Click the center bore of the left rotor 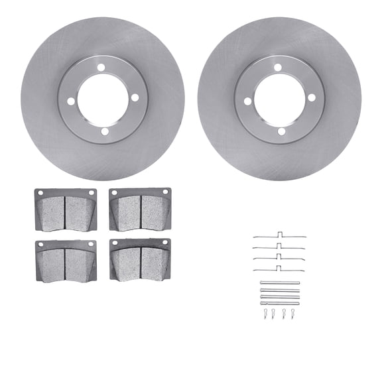point(102,99)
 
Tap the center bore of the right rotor point(279,99)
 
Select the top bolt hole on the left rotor point(101,67)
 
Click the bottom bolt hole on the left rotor point(103,131)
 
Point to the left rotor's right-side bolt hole point(135,97)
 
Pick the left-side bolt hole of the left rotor point(70,101)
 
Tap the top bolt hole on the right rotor point(278,67)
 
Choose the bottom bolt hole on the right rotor point(281,131)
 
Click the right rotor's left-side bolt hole point(247,101)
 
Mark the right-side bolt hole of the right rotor point(312,97)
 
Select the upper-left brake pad point(66,210)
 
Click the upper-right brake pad point(140,209)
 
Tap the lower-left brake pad point(66,261)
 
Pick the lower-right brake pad point(140,259)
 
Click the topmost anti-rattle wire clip point(279,236)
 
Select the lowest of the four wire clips point(279,271)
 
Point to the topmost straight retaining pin point(279,283)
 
